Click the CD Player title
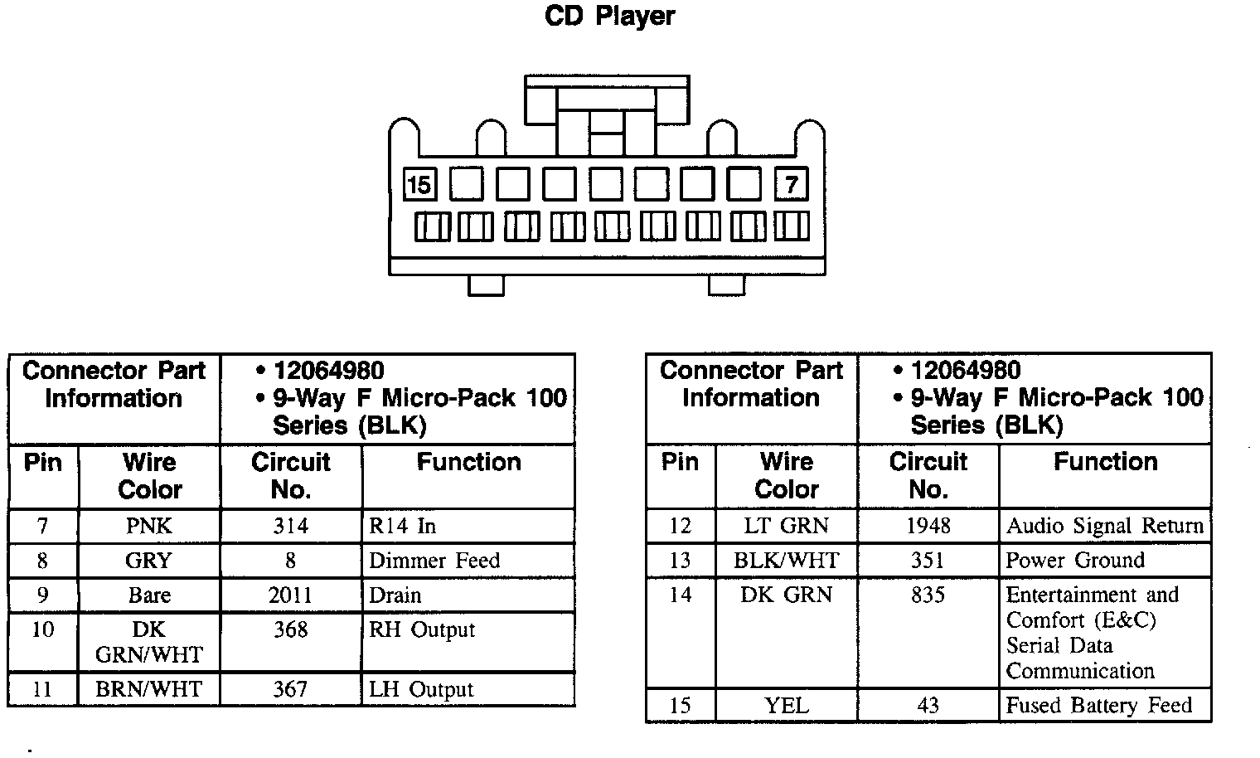coord(609,17)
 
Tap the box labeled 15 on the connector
coord(419,184)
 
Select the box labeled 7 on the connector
coord(791,184)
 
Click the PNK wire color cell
coord(149,526)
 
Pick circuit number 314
coord(290,526)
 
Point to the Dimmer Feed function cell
coord(434,561)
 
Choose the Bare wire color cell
coord(149,595)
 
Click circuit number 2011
coord(290,595)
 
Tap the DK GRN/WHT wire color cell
coord(149,642)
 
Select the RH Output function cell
coord(422,630)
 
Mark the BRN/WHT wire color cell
coord(149,689)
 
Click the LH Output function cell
coord(421,689)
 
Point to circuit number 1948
coord(928,526)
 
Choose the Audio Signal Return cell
coord(1104,526)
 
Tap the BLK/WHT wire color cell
coord(786,561)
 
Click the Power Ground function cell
coord(1074,561)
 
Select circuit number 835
coord(928,595)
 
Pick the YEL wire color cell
coord(786,706)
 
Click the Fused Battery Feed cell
coord(1098,706)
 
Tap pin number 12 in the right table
coord(680,526)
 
